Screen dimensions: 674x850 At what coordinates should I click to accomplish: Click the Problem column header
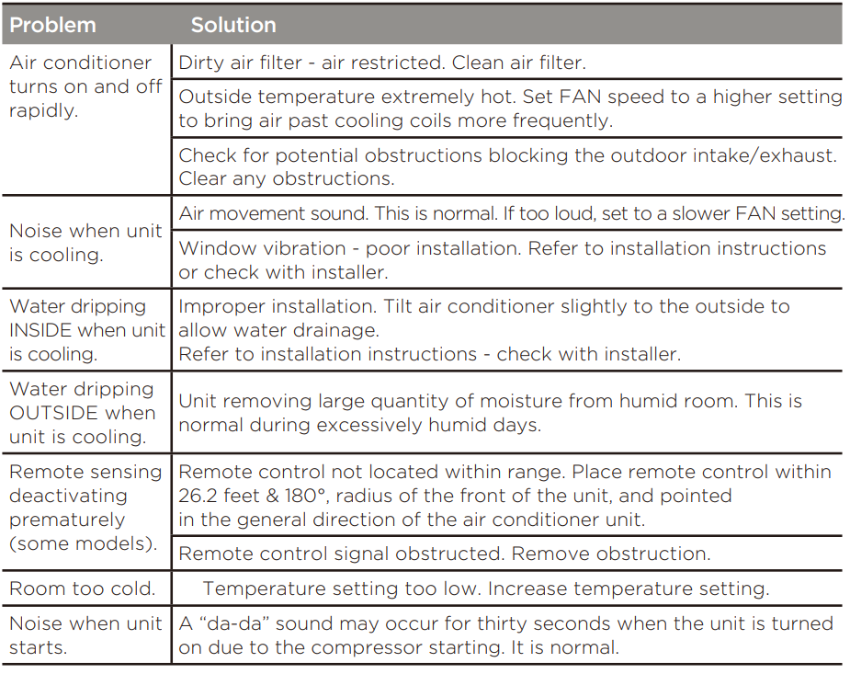[x=52, y=25]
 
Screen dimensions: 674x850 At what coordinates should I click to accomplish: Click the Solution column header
[x=233, y=25]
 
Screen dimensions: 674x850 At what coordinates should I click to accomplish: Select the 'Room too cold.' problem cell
[x=82, y=588]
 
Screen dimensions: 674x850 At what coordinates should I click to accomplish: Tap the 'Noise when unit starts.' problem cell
[x=85, y=635]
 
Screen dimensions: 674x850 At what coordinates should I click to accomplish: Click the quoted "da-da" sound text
[x=233, y=623]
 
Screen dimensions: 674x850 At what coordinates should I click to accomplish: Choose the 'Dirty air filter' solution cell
[x=381, y=63]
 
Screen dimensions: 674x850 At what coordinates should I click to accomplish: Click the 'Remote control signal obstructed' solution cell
[x=444, y=554]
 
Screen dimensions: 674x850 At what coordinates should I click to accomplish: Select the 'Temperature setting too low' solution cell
[x=485, y=588]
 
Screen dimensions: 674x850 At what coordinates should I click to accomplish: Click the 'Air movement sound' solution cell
[x=511, y=213]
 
